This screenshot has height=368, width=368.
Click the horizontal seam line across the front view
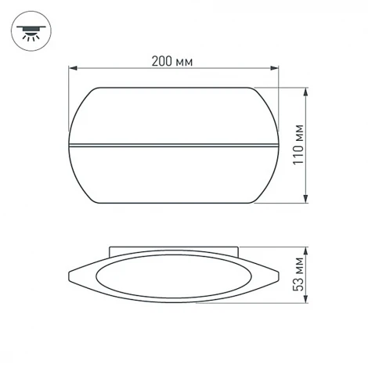[x=174, y=145]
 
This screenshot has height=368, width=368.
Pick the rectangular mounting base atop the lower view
[x=174, y=252]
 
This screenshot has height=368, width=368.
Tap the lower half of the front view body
[x=174, y=176]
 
